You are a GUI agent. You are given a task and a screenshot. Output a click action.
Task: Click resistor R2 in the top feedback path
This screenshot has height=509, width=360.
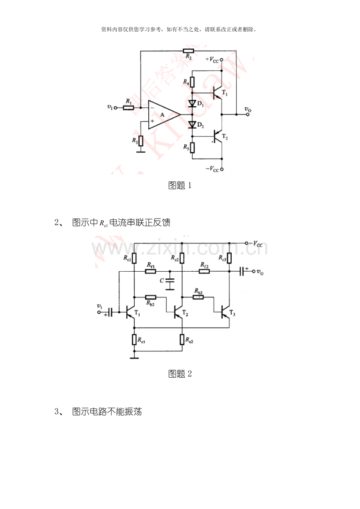click(188, 51)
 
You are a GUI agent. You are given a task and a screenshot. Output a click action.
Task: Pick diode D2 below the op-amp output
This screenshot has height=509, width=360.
click(192, 125)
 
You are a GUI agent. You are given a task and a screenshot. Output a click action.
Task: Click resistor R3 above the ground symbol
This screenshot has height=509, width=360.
click(141, 141)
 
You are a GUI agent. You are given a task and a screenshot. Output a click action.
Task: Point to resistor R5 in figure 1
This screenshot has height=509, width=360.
click(192, 148)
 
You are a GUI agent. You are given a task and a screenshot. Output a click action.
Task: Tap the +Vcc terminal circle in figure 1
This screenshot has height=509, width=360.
click(222, 60)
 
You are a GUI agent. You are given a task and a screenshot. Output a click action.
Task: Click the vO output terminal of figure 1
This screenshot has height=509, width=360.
click(248, 114)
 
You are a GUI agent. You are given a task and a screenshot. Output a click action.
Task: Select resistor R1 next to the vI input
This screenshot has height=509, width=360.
click(128, 108)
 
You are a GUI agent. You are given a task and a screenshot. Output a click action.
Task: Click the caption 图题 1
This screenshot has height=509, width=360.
click(180, 185)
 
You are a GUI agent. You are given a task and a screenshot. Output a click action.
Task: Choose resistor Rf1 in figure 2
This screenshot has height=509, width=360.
click(151, 271)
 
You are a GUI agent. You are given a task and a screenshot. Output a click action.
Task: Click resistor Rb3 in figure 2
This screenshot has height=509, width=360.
click(198, 297)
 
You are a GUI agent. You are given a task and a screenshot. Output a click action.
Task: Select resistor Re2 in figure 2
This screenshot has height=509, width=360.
click(182, 339)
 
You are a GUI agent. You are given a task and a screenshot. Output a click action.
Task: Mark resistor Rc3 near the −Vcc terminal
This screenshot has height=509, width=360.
click(229, 258)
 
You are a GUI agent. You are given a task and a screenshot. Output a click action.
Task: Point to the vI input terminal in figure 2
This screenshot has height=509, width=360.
click(99, 312)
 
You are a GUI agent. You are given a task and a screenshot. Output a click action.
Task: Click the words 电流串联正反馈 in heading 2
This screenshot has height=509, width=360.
click(140, 222)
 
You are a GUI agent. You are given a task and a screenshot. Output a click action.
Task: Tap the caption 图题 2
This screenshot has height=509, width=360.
click(180, 374)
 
